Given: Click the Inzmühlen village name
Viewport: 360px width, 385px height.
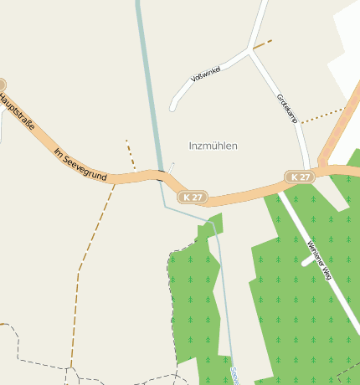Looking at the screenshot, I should [x=213, y=146].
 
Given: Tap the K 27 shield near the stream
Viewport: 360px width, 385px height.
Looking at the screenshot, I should [x=193, y=198].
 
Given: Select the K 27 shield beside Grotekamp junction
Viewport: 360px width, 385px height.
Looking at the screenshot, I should [x=300, y=177].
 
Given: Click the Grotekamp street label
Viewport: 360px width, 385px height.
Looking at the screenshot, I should [x=287, y=110].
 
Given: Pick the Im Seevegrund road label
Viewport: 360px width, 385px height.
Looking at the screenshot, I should [x=80, y=164].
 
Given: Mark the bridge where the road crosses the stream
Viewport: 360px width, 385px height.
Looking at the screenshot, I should [x=158, y=175].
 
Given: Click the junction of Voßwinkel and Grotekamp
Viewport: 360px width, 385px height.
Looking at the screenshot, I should [x=249, y=52].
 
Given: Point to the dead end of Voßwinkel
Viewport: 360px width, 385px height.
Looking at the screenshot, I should [x=172, y=108].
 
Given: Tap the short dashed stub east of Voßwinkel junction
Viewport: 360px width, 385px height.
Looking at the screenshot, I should [x=262, y=44].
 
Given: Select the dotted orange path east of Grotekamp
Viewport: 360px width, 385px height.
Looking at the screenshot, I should [x=322, y=116].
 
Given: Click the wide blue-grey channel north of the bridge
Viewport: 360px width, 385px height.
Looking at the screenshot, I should [x=147, y=84].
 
